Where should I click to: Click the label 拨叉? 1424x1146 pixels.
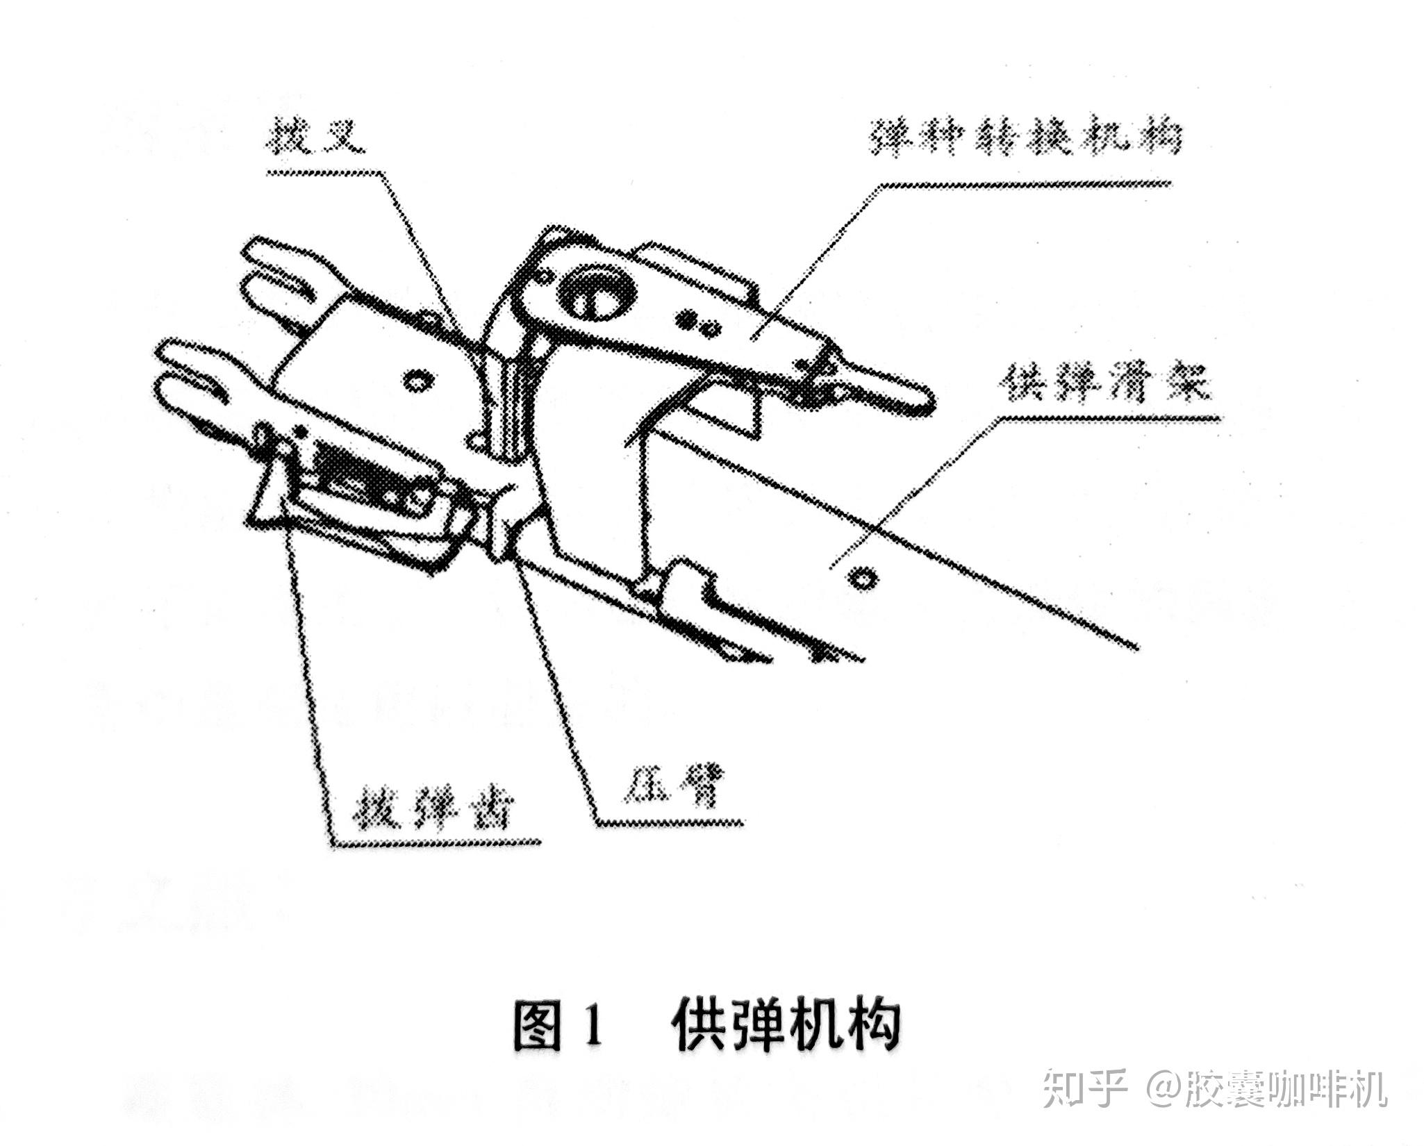tap(316, 138)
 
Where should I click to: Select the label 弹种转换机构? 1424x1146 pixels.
tap(1025, 140)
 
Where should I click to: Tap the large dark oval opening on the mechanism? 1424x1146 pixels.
tap(596, 293)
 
